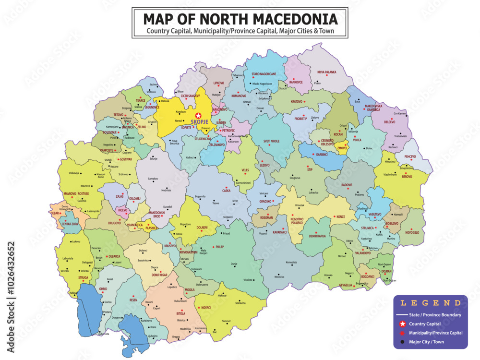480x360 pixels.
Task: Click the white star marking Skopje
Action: click(198, 115)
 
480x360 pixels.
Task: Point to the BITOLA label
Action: click(180, 313)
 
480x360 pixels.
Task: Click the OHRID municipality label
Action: click(103, 289)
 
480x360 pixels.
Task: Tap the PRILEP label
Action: click(219, 247)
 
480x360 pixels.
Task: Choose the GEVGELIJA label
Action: click(345, 285)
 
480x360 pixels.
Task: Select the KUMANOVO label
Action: click(239, 96)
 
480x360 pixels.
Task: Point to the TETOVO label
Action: click(118, 115)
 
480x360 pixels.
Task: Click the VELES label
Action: click(245, 170)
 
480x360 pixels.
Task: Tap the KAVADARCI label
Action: click(279, 232)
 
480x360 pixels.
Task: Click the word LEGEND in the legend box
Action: click(430, 303)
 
